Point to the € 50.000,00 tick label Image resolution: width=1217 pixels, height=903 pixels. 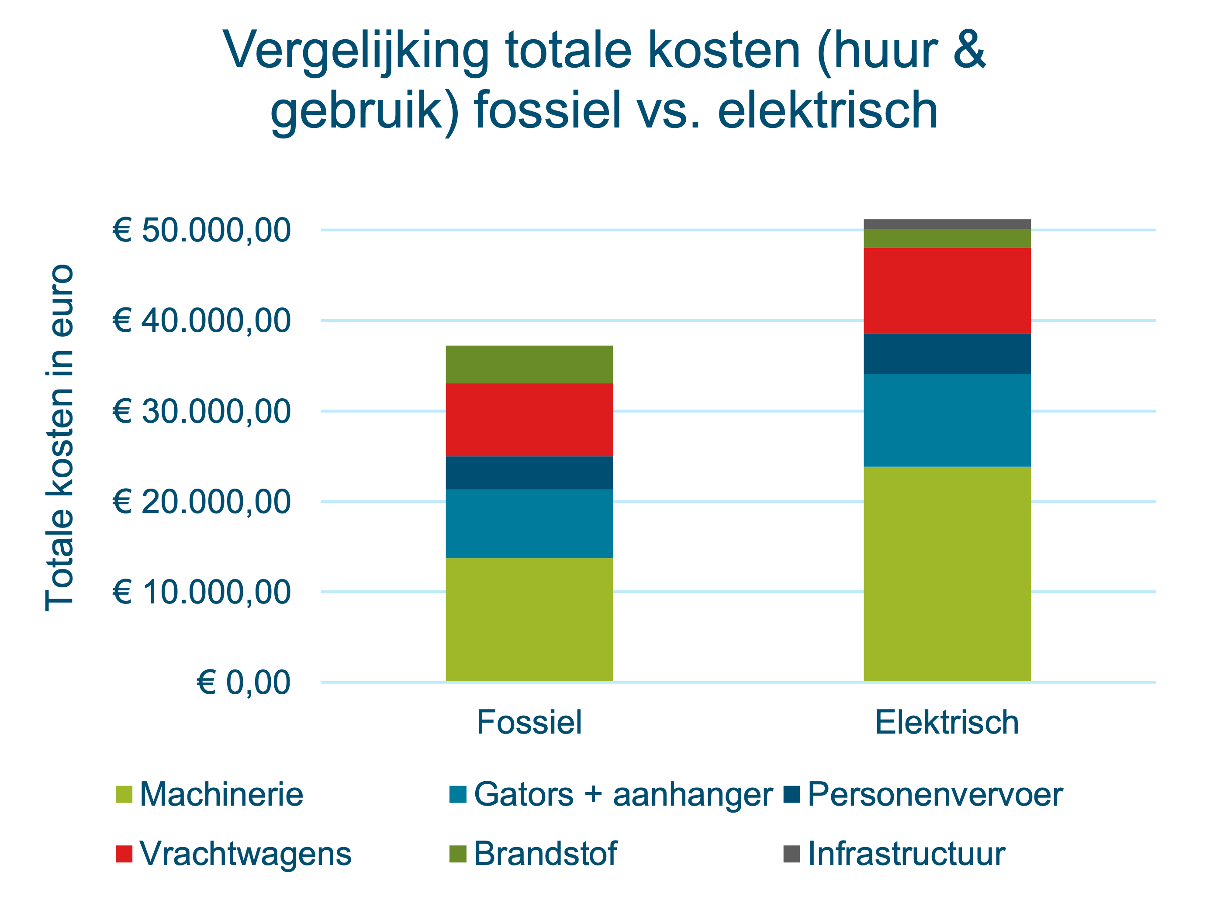201,230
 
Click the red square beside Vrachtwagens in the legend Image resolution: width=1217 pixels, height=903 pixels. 124,854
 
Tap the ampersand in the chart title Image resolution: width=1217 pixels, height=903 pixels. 969,50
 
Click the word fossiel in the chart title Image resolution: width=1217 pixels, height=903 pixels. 548,110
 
